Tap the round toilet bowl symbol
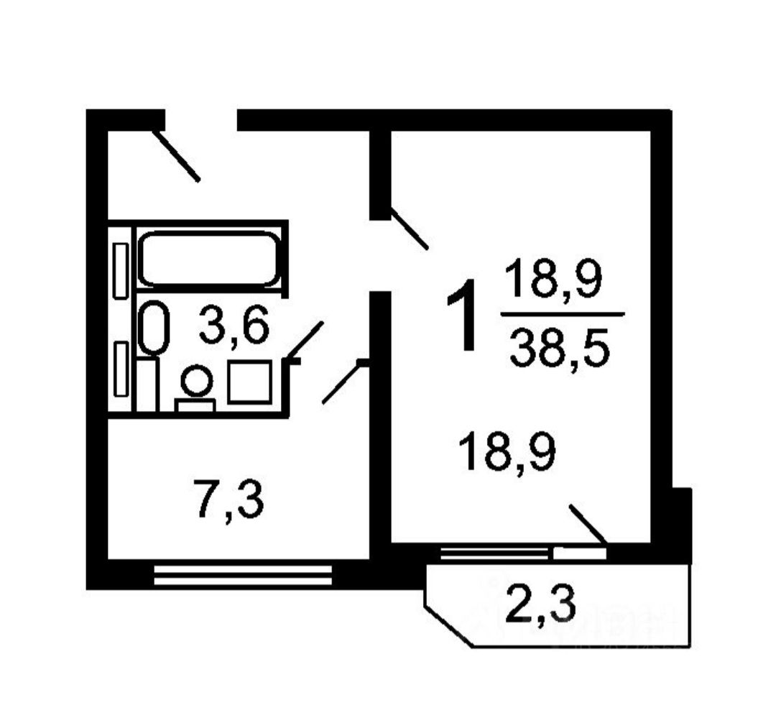pyautogui.click(x=196, y=380)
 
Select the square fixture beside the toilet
pyautogui.click(x=249, y=382)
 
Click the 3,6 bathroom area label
pyautogui.click(x=234, y=325)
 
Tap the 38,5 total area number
pyautogui.click(x=559, y=349)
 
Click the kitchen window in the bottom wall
pyautogui.click(x=243, y=575)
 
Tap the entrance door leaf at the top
pyautogui.click(x=176, y=155)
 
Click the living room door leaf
pyautogui.click(x=410, y=228)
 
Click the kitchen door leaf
pyautogui.click(x=343, y=382)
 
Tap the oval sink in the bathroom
pyautogui.click(x=154, y=327)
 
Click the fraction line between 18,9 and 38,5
pyautogui.click(x=562, y=314)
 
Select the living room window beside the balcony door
pyautogui.click(x=496, y=553)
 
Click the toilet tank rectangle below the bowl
pyautogui.click(x=195, y=405)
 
